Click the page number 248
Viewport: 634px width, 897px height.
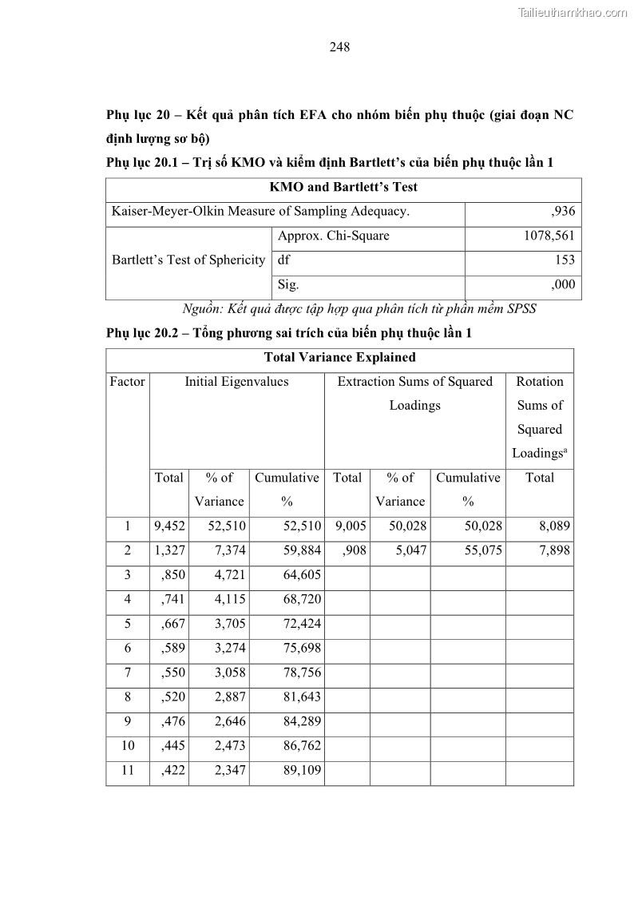click(x=339, y=47)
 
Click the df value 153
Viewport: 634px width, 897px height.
click(x=564, y=260)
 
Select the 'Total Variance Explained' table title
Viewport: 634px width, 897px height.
click(x=339, y=358)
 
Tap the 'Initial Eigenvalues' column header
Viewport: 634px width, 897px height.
click(x=236, y=382)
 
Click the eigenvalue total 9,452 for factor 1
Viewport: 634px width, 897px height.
click(x=169, y=526)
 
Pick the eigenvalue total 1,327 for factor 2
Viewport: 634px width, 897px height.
click(x=169, y=551)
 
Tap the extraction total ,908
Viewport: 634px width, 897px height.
click(x=350, y=551)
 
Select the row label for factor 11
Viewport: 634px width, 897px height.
click(x=128, y=771)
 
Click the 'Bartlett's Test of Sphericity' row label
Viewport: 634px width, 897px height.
click(x=188, y=260)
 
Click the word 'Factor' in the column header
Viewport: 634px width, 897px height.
click(x=128, y=382)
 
